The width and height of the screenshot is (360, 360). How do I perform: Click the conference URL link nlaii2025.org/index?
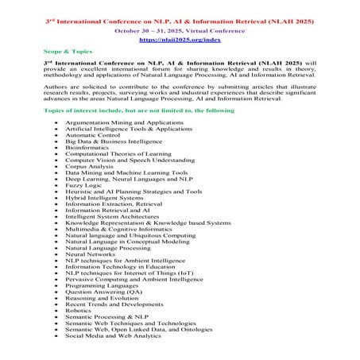coord(180,38)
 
